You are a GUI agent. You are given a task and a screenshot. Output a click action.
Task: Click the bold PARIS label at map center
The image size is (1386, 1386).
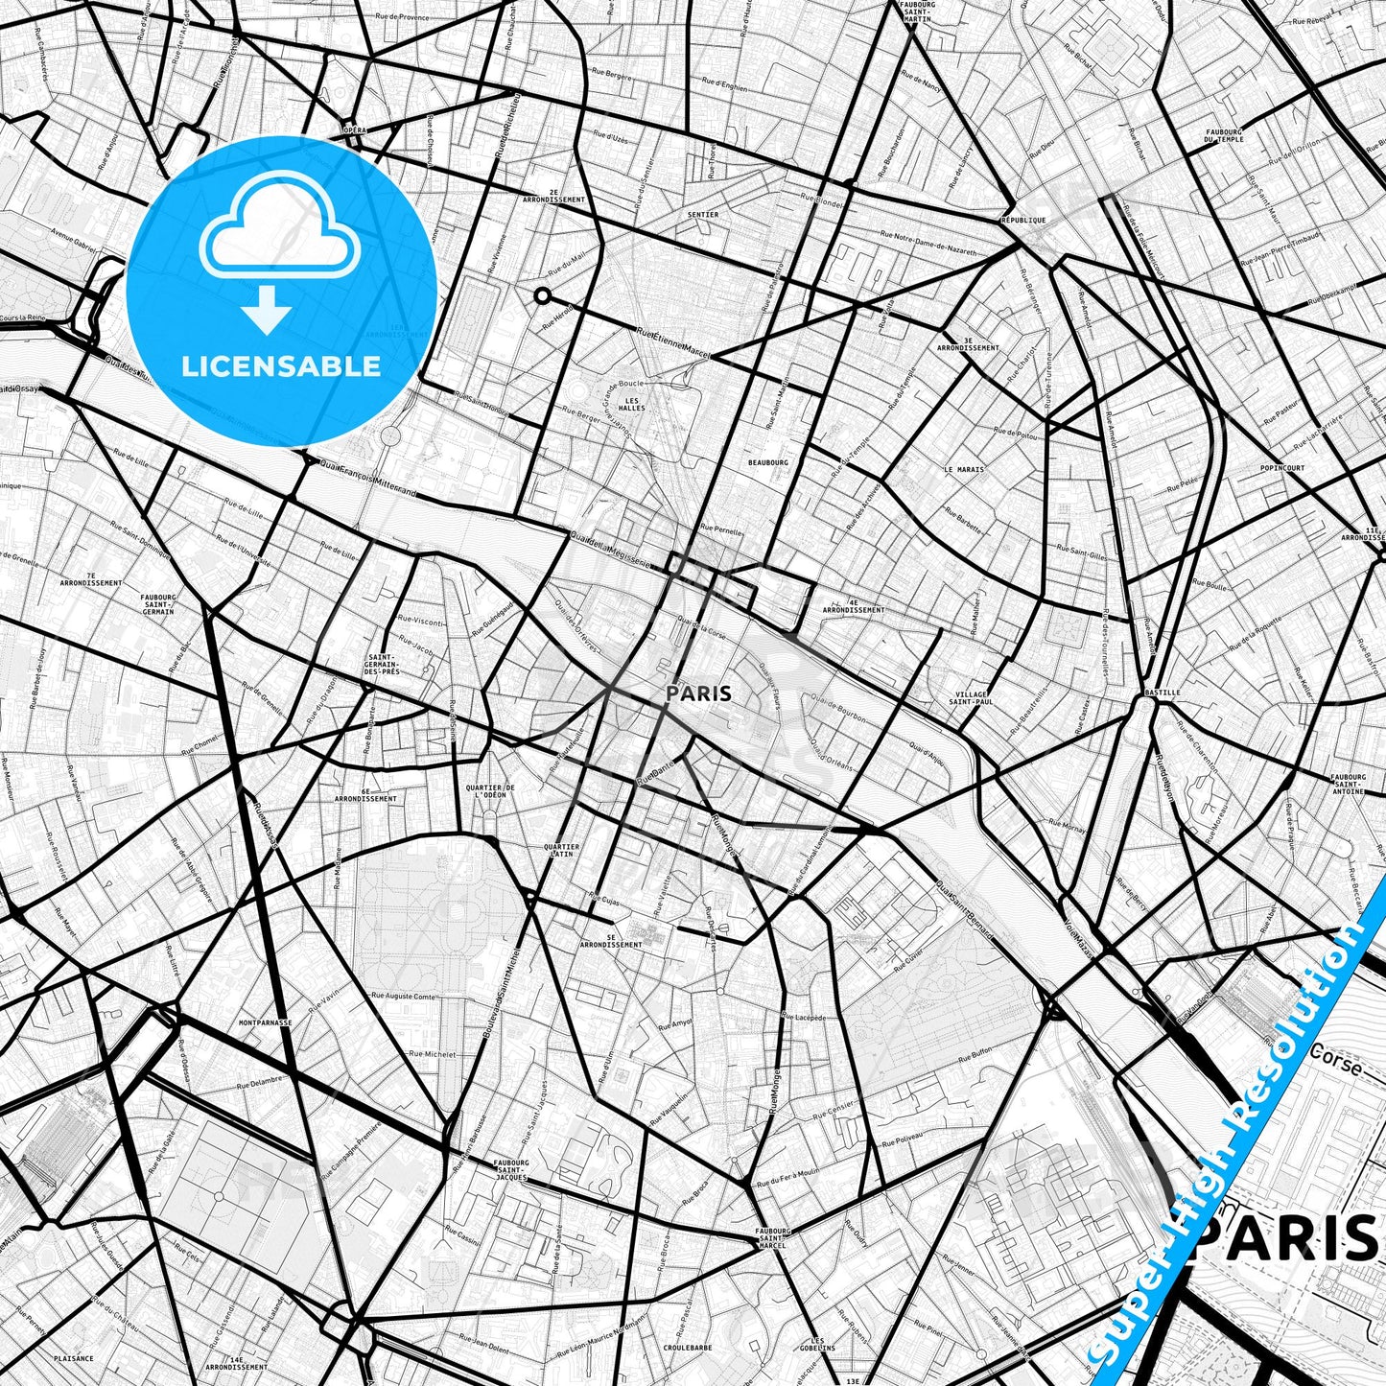click(x=699, y=693)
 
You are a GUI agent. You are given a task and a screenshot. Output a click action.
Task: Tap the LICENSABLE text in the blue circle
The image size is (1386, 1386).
click(x=281, y=366)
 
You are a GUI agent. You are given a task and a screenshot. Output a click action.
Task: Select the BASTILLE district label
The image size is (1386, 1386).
click(x=1162, y=693)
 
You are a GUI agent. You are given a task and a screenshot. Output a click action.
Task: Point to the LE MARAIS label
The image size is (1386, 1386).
click(x=964, y=470)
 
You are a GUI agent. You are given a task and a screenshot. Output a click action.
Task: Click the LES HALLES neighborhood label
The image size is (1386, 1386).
click(x=632, y=404)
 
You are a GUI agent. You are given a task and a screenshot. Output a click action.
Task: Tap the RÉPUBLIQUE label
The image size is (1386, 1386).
click(x=1022, y=221)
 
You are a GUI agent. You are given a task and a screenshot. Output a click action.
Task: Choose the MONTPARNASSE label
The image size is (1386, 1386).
click(x=266, y=1023)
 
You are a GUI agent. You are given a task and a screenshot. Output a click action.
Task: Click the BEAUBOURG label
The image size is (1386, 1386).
click(x=768, y=462)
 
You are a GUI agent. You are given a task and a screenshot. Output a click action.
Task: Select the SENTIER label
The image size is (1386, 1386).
click(x=703, y=215)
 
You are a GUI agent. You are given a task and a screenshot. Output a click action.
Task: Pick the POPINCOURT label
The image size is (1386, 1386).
click(x=1282, y=468)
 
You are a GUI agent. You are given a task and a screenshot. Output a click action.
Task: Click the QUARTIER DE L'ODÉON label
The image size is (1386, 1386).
click(x=489, y=791)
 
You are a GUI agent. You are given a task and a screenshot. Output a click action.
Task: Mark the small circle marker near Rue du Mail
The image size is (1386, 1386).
click(x=542, y=295)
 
